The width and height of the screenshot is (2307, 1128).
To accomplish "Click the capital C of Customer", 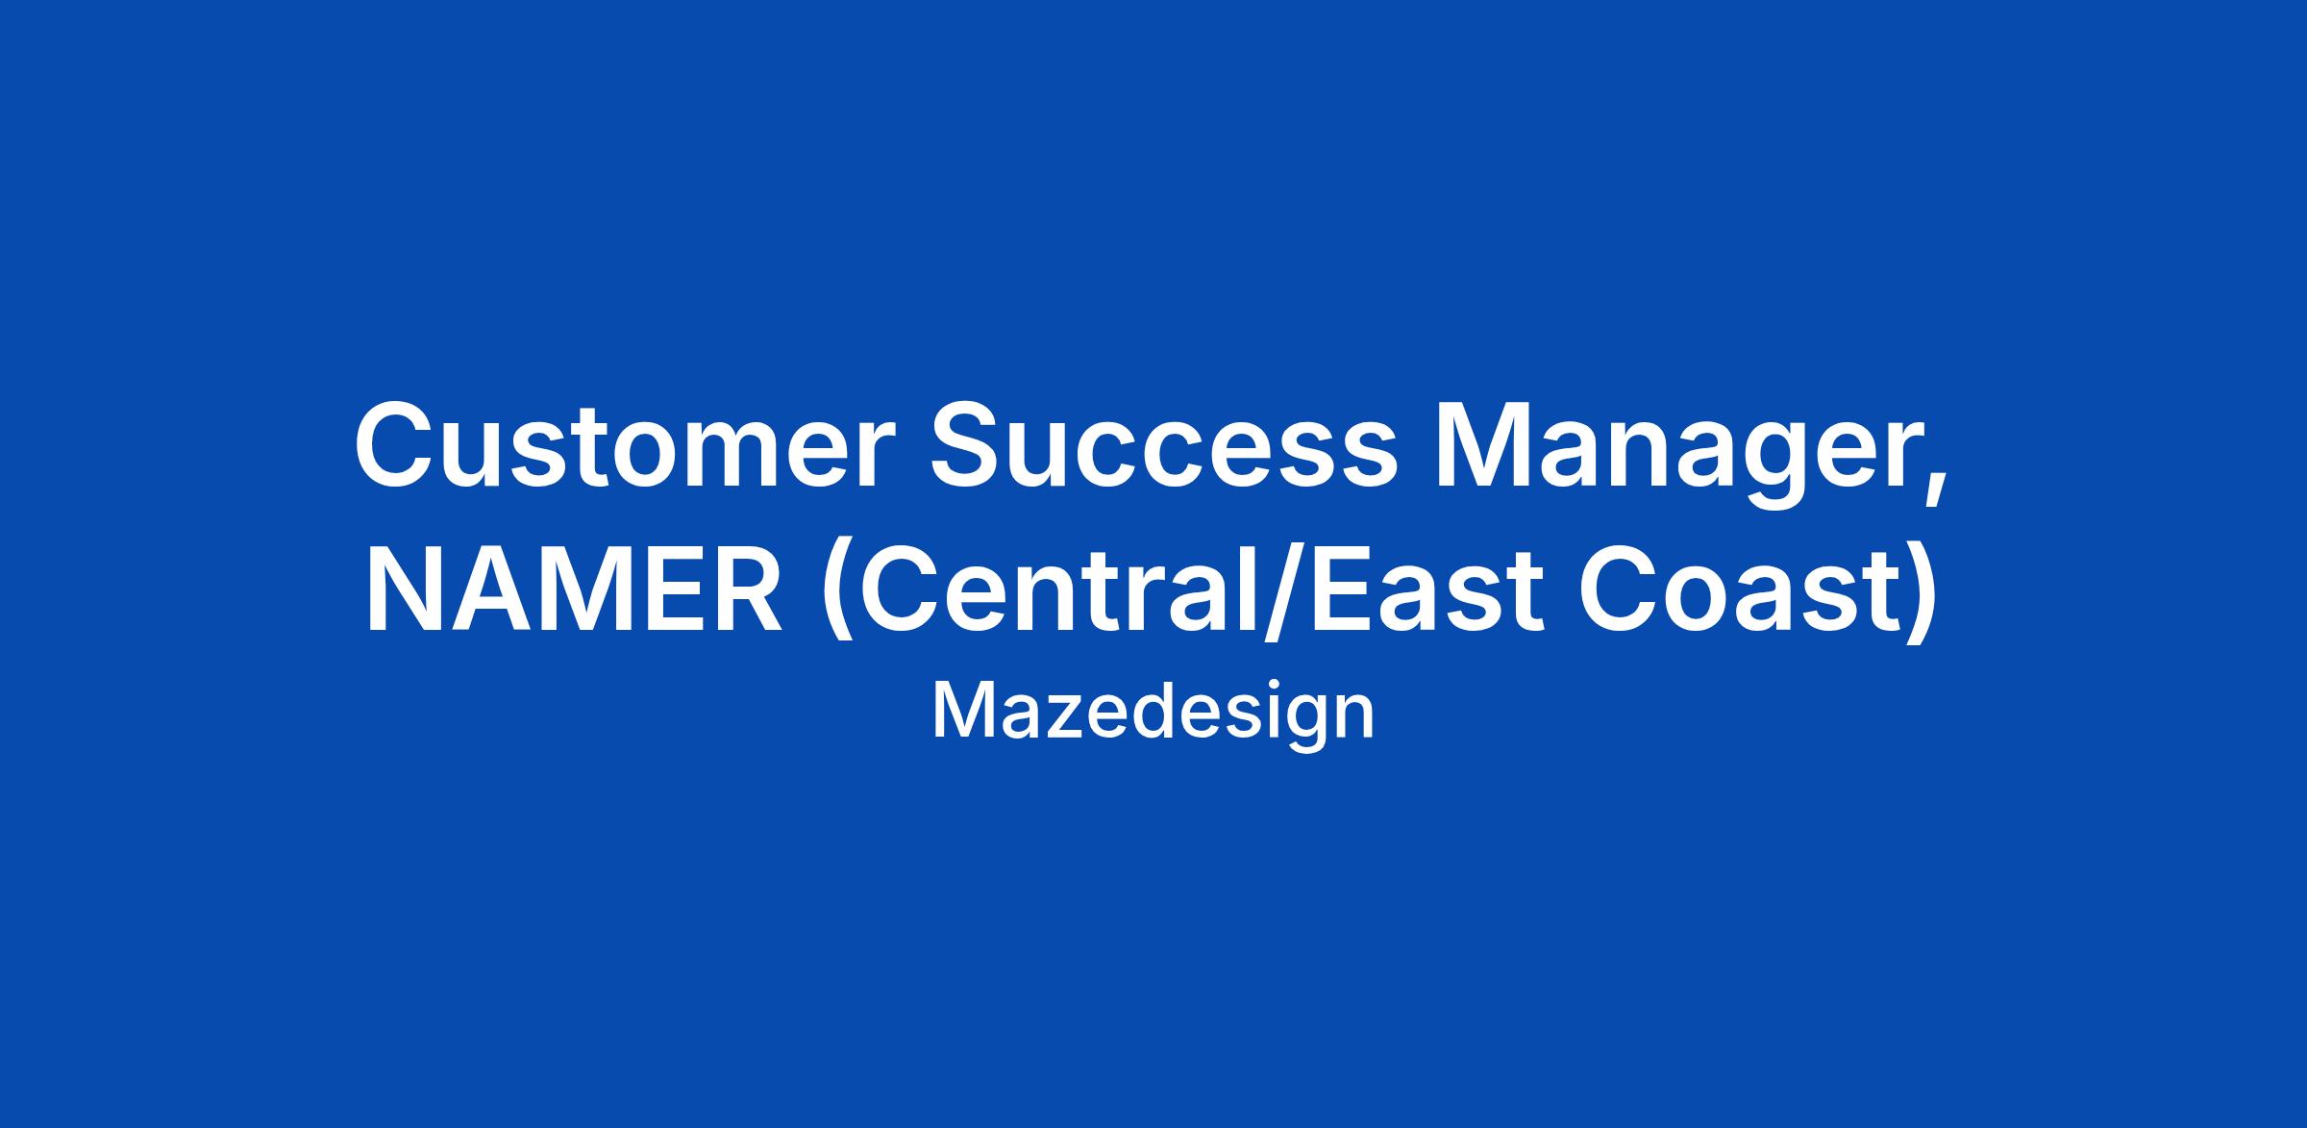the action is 398,443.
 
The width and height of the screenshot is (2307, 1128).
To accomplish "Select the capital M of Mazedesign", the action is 960,711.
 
